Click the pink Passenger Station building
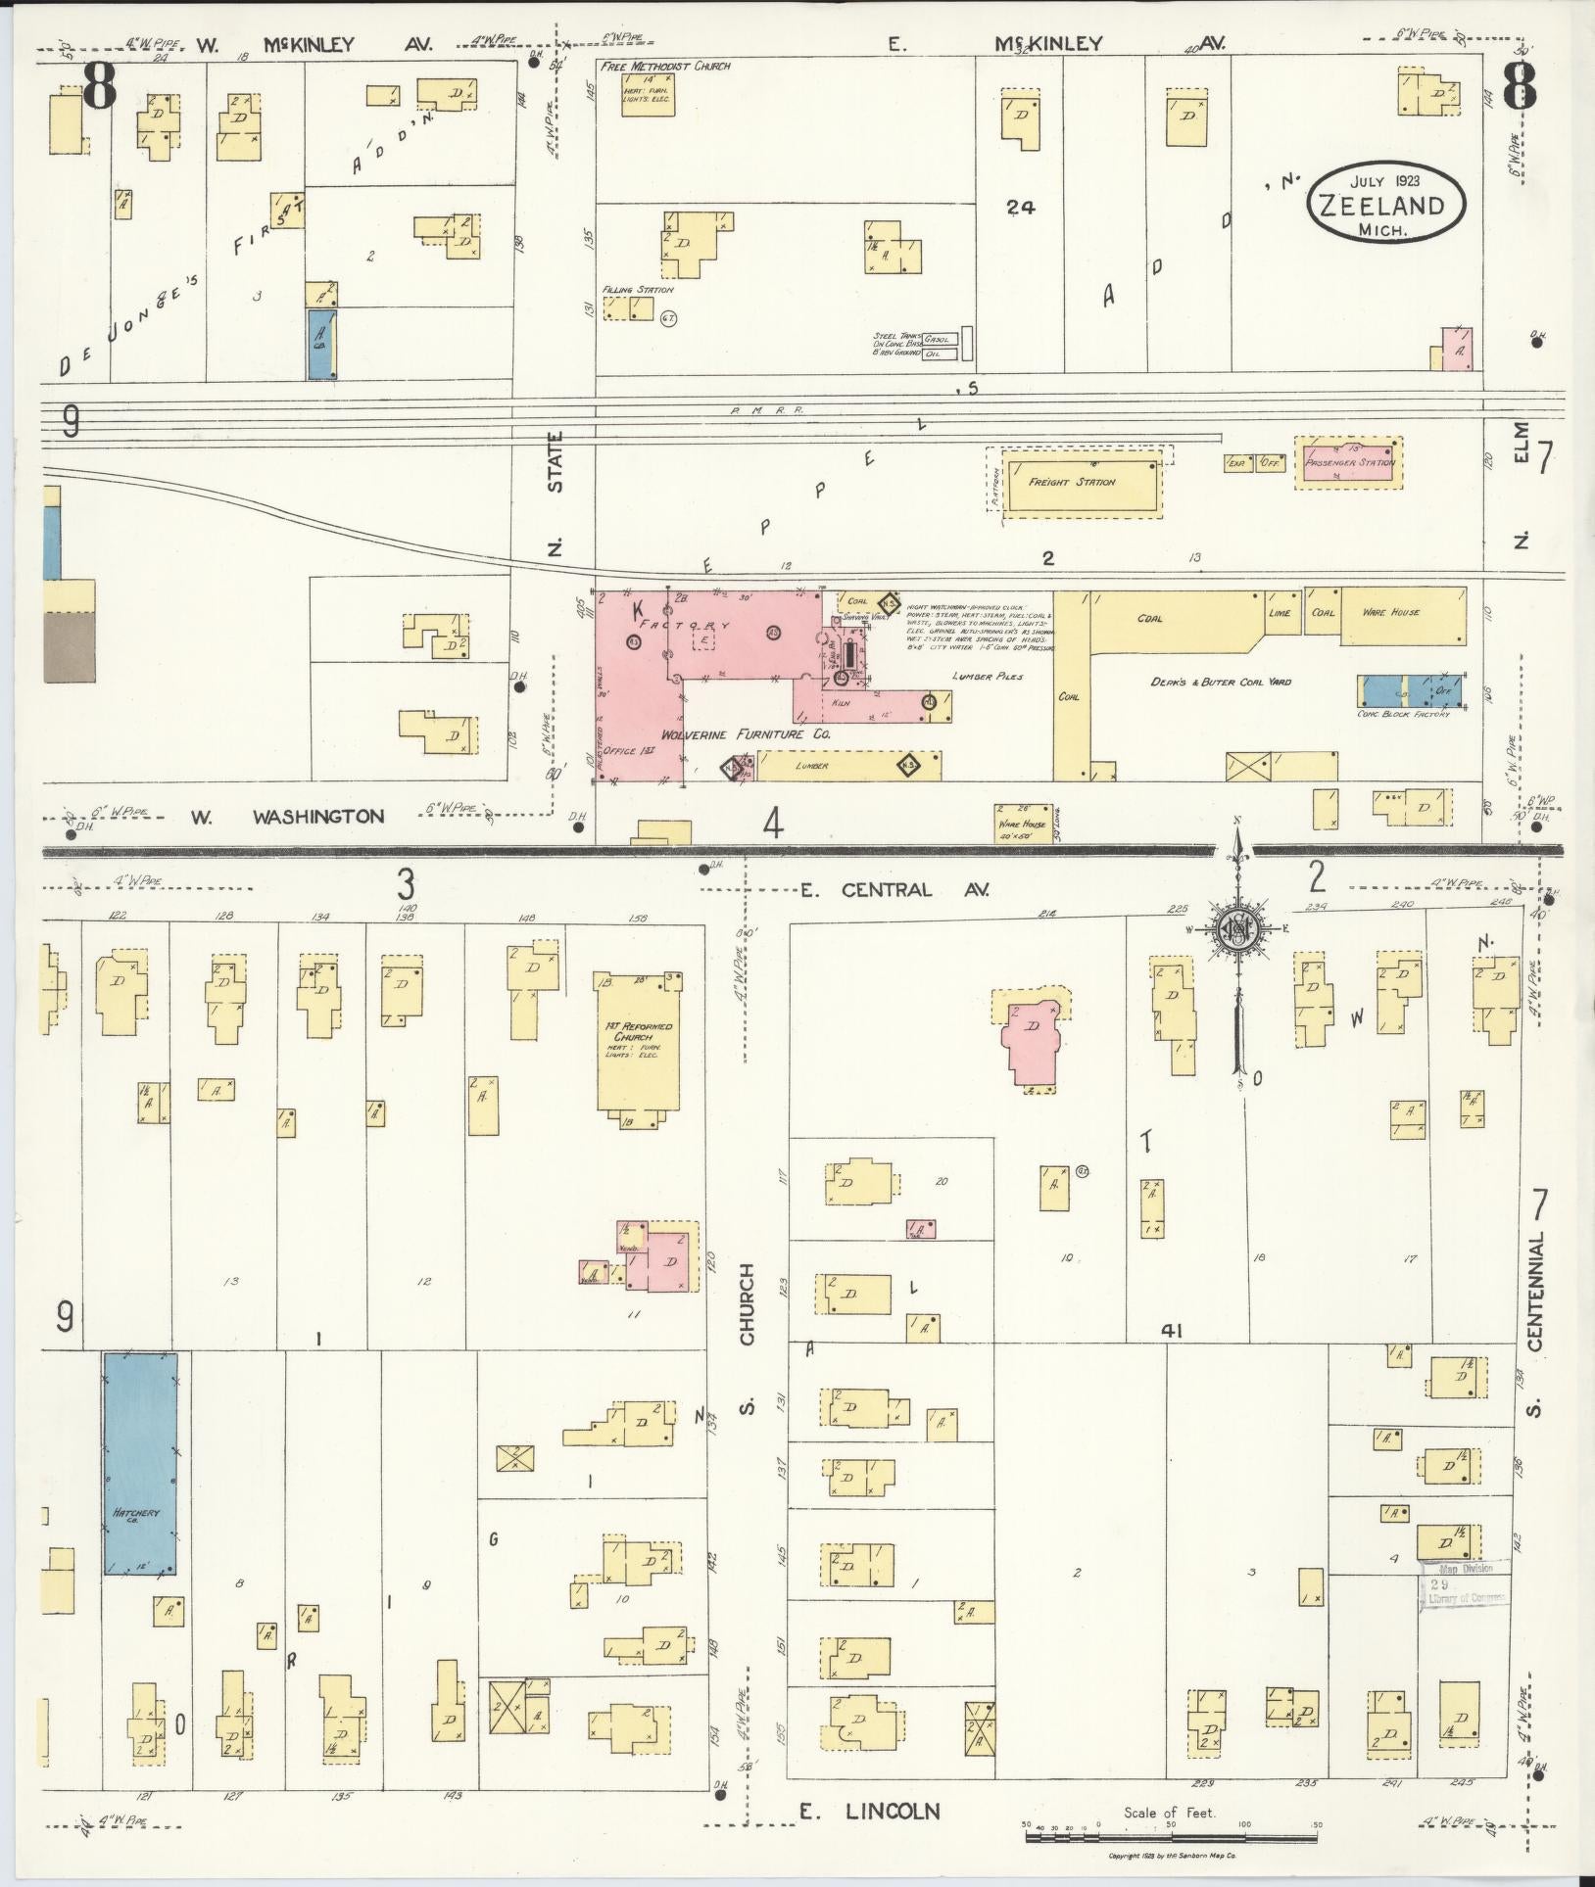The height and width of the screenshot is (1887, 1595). coord(1348,462)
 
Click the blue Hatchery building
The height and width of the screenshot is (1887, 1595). coord(140,1463)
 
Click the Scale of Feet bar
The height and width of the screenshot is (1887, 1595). coord(1172,1838)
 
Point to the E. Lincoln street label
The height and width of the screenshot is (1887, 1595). coord(870,1812)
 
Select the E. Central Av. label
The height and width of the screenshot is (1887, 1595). coord(894,890)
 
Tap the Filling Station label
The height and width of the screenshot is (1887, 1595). coord(639,290)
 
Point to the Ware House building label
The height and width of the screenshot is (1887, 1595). coord(1391,612)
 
